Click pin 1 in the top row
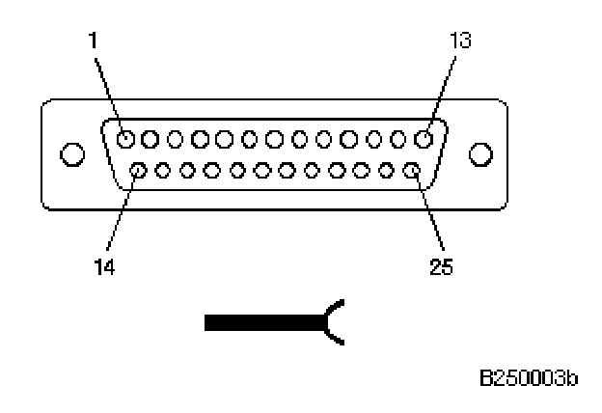[125, 139]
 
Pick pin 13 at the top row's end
[422, 139]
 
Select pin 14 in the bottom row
[139, 172]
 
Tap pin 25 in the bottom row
[411, 172]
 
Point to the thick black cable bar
[260, 322]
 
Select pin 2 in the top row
[150, 139]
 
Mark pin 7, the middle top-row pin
[274, 139]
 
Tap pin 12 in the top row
[397, 139]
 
